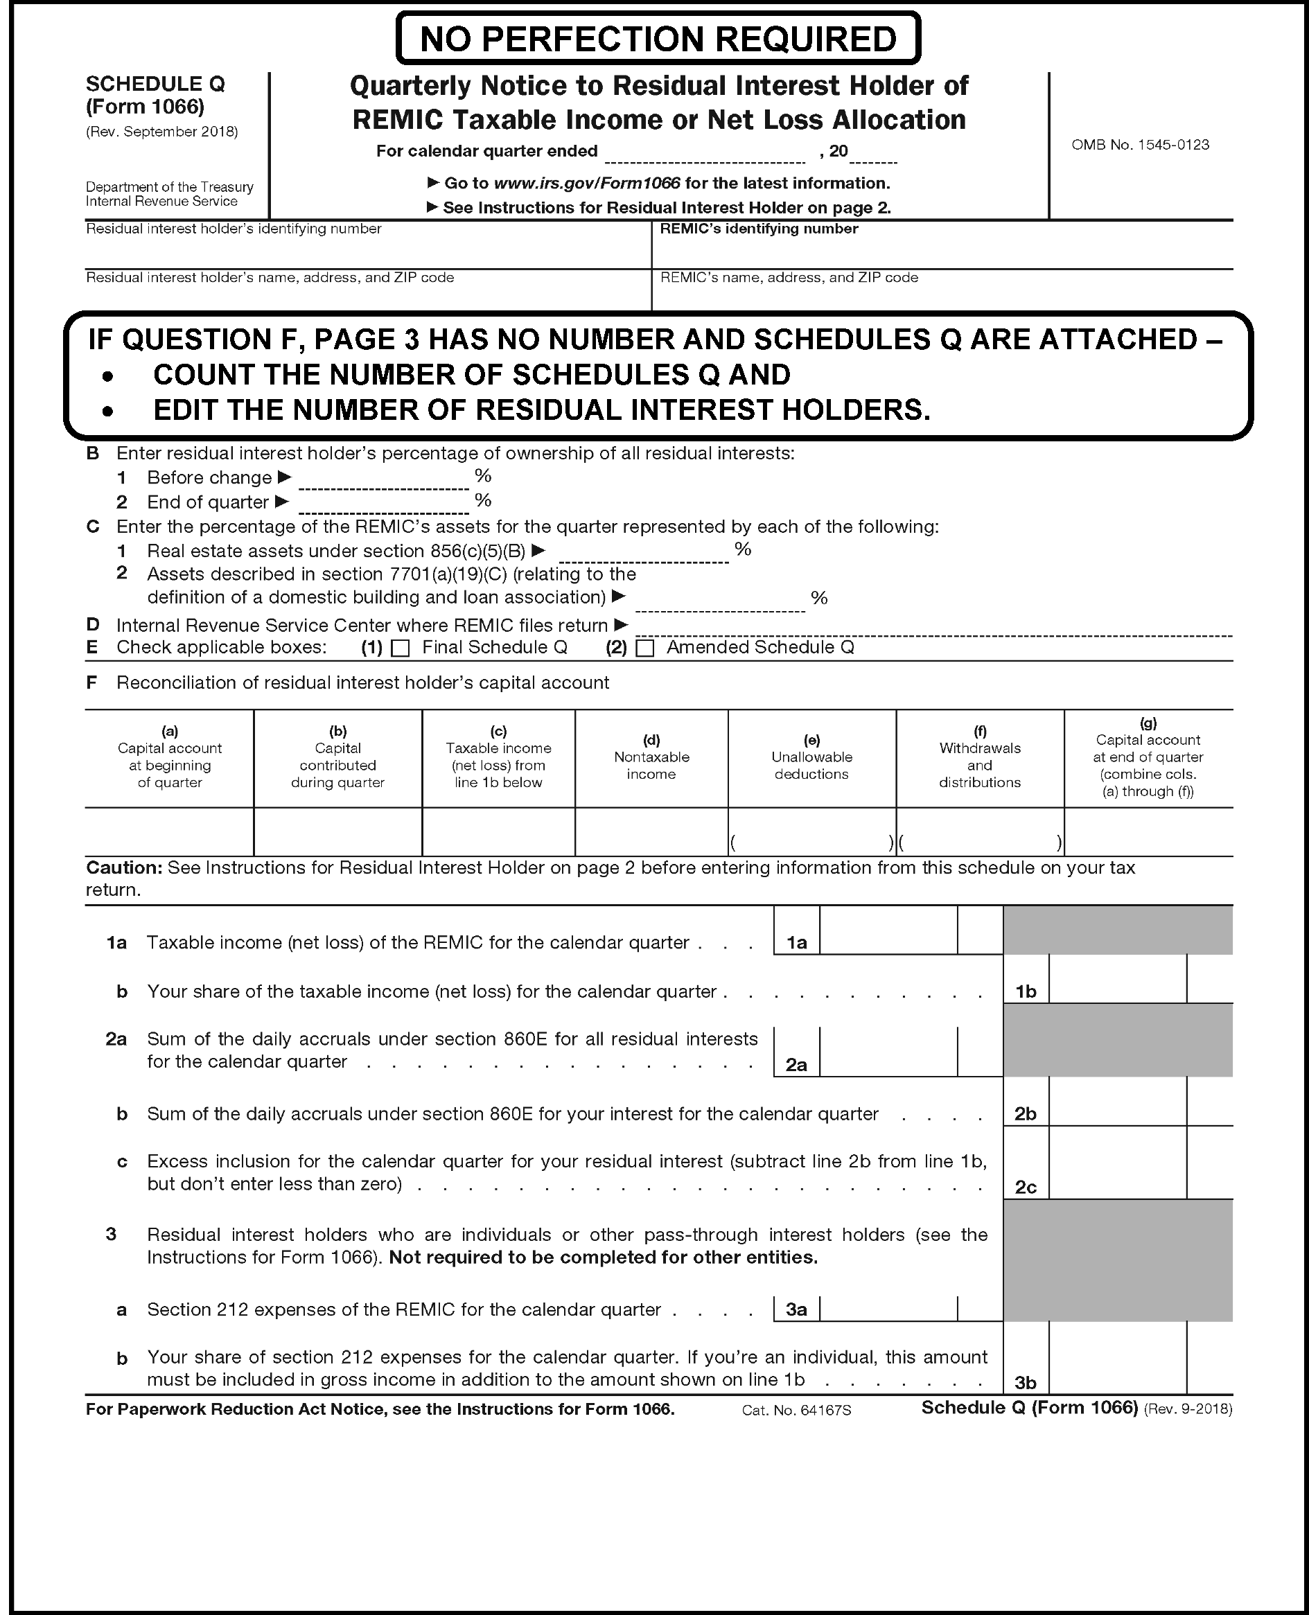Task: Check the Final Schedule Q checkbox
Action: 401,648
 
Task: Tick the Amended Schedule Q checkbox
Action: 644,648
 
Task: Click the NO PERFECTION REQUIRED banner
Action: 658,39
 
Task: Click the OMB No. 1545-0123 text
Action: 1139,145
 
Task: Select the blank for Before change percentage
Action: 384,478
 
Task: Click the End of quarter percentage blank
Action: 384,502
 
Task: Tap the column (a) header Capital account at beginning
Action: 170,757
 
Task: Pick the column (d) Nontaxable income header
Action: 651,757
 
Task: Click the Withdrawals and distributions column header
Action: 979,757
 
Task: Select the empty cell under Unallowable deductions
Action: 811,832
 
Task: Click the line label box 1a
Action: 796,942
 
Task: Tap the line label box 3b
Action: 1026,1383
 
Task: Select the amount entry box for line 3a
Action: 888,1309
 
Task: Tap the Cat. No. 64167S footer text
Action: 796,1410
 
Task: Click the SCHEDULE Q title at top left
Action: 155,84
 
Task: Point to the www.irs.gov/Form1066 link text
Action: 587,183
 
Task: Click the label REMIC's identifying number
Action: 759,229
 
